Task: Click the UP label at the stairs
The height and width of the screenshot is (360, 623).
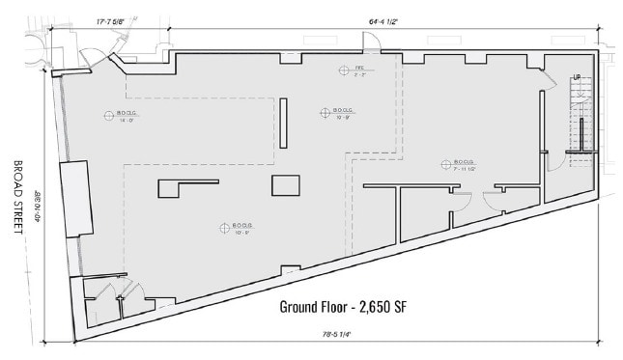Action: [x=577, y=76]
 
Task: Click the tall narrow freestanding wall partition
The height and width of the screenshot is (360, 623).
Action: [x=283, y=122]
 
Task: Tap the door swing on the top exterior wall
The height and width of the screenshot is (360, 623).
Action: [x=368, y=43]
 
